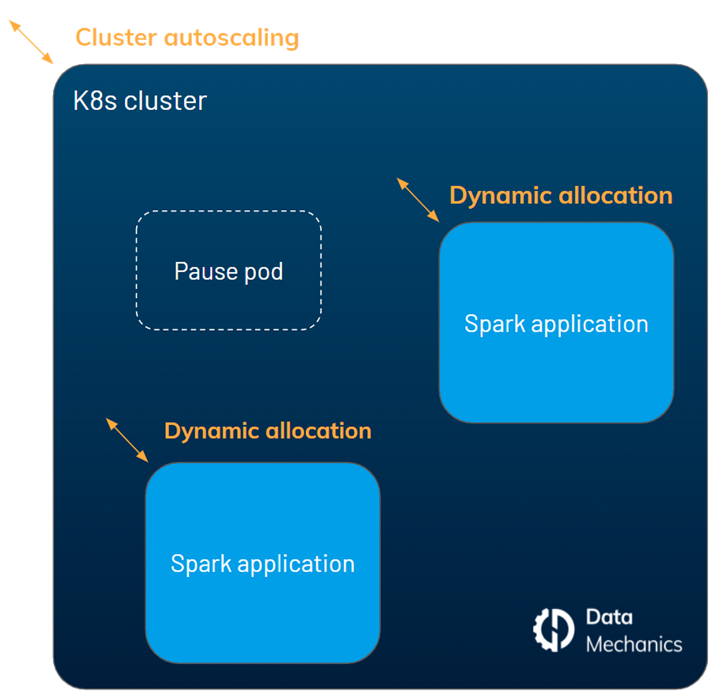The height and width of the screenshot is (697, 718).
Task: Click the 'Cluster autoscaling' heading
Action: click(x=187, y=37)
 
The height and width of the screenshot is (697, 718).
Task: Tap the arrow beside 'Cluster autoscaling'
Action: click(x=31, y=42)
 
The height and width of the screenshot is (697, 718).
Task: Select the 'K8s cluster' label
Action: click(x=139, y=101)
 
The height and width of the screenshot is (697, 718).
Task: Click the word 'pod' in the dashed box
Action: click(x=264, y=272)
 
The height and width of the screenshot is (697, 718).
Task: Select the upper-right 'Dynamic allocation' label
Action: click(x=561, y=195)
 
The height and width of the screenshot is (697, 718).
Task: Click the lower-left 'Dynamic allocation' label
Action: click(x=268, y=431)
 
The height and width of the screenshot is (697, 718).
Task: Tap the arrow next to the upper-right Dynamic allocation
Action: click(x=418, y=200)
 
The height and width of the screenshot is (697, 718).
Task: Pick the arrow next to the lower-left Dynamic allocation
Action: click(x=127, y=440)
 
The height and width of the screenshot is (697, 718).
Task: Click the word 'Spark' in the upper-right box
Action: click(x=494, y=324)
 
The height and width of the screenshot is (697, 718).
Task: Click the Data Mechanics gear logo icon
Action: click(x=554, y=629)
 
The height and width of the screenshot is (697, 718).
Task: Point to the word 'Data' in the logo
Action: click(x=609, y=617)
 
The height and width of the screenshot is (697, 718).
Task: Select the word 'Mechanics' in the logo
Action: click(x=634, y=644)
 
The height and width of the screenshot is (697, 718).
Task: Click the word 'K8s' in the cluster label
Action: click(x=95, y=101)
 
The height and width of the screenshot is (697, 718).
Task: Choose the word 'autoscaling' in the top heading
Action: click(x=231, y=37)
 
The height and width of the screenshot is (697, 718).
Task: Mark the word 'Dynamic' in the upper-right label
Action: click(x=500, y=196)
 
